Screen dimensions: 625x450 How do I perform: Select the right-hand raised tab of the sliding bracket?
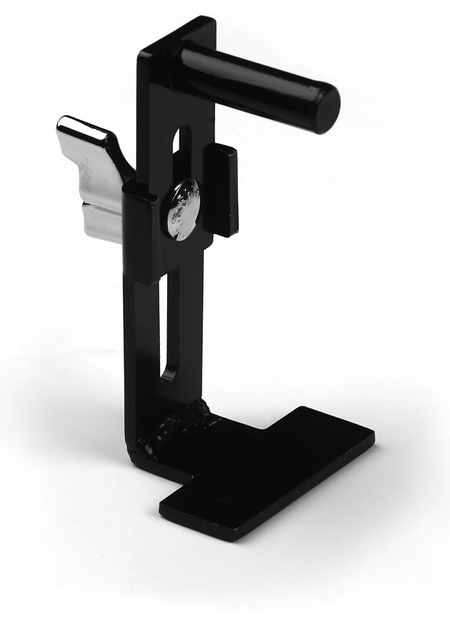(221, 189)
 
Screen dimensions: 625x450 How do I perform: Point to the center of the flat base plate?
(260, 469)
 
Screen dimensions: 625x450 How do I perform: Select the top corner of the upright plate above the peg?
(211, 20)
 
